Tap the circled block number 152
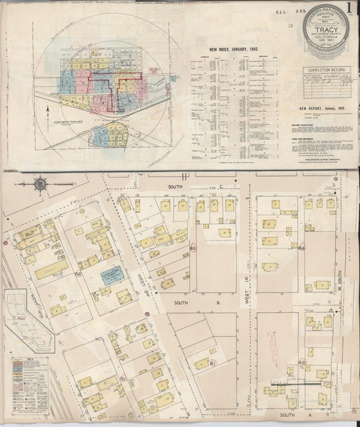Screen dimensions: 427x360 click(x=79, y=274)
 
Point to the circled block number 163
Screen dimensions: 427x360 click(x=192, y=249)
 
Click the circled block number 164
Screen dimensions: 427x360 click(x=302, y=248)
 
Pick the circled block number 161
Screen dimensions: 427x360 click(x=211, y=363)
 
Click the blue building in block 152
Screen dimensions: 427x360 click(x=111, y=275)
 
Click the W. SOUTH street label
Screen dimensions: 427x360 click(x=340, y=270)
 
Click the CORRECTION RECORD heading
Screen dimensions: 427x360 click(x=328, y=70)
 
